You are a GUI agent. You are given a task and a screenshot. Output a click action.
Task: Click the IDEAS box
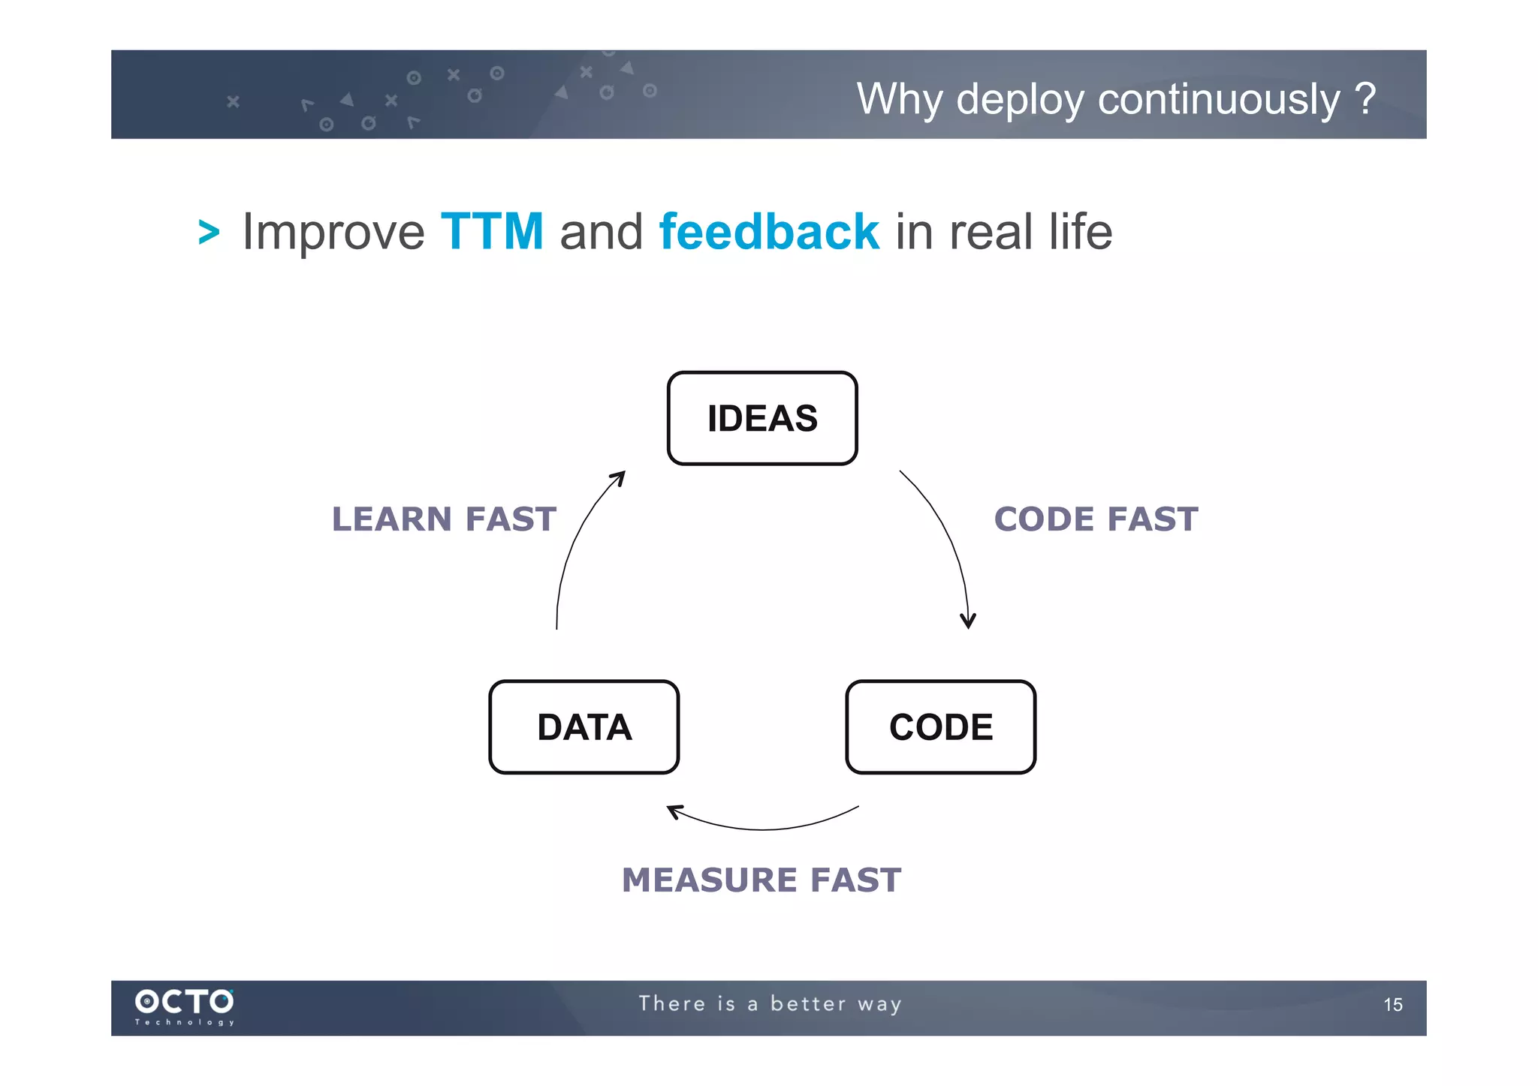(761, 418)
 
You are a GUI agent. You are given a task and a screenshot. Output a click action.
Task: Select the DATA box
(584, 727)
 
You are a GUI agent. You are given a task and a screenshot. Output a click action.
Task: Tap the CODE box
(940, 727)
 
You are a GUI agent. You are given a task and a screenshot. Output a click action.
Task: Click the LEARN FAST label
(444, 519)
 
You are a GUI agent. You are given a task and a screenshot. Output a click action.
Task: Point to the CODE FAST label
(1096, 519)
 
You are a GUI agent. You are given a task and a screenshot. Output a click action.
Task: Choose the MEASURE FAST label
(761, 880)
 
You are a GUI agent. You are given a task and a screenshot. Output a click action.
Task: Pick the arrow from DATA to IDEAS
(575, 540)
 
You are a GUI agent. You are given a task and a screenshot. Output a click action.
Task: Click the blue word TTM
(492, 231)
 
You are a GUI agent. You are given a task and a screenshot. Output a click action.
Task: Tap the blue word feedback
(768, 231)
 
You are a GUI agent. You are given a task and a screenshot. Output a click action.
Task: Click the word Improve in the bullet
(333, 231)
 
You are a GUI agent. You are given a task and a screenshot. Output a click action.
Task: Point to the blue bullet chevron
(209, 232)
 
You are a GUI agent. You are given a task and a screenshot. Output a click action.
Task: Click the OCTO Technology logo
(185, 1006)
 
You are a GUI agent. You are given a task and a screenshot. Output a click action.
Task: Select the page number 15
(1392, 1005)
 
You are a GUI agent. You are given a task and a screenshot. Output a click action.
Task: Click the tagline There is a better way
(770, 1004)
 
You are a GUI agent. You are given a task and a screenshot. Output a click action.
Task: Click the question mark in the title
(1365, 98)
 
